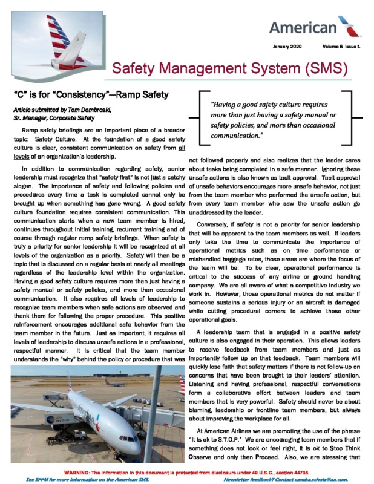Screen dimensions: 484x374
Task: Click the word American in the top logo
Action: [302, 28]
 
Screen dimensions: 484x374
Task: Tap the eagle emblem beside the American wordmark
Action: [348, 25]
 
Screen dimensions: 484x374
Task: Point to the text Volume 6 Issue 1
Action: [343, 47]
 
